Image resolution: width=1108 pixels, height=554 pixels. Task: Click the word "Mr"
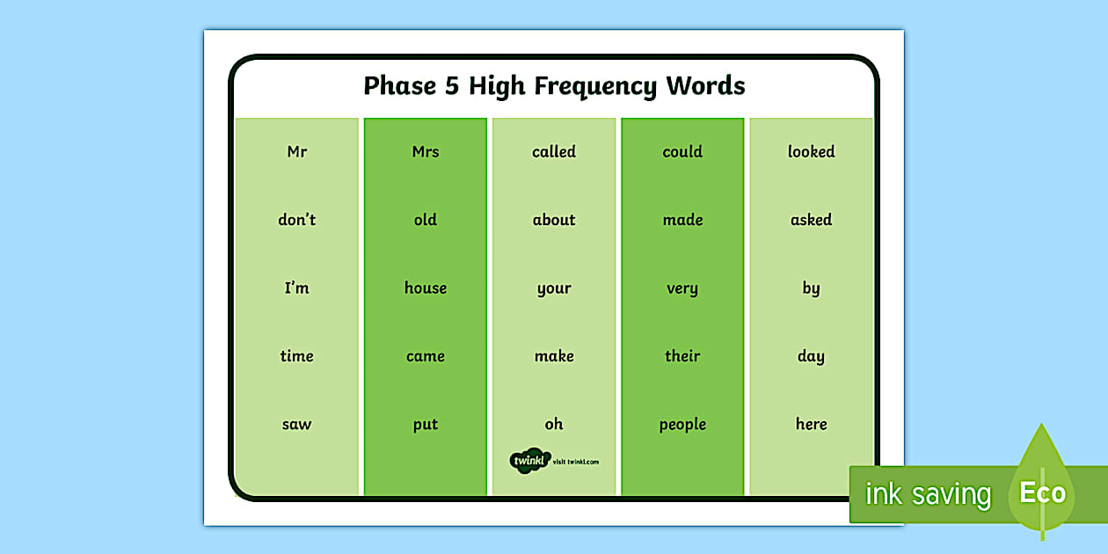[x=297, y=152]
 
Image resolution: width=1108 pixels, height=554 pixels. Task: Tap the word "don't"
[x=297, y=220]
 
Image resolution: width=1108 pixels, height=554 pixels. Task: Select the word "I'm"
[x=297, y=288]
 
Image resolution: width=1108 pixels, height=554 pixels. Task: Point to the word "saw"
[x=297, y=425]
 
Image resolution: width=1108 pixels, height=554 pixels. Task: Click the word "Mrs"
[x=426, y=152]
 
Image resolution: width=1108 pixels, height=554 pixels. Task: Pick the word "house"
[x=426, y=288]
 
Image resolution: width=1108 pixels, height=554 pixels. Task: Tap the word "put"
[x=426, y=425]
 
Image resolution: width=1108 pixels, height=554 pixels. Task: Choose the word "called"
[x=554, y=152]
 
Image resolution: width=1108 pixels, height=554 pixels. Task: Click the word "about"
[x=554, y=220]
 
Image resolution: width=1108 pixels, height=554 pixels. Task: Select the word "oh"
[x=554, y=425]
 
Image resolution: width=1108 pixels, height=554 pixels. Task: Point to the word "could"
[x=682, y=152]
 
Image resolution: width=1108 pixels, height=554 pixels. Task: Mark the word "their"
[x=682, y=356]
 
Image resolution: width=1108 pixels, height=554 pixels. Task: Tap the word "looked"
[x=811, y=152]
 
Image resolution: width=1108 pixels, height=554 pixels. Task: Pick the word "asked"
[x=811, y=220]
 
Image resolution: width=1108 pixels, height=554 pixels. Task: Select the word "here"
[x=811, y=425]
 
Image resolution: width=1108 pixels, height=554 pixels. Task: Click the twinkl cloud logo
[x=529, y=460]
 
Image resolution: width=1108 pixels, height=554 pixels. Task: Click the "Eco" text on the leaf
[x=1043, y=492]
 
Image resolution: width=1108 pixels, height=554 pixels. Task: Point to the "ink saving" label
[x=928, y=494]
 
